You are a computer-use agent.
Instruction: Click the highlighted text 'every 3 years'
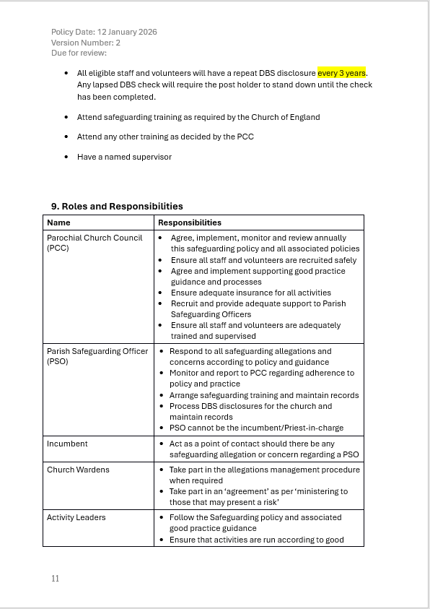(342, 74)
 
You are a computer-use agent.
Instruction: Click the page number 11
(56, 579)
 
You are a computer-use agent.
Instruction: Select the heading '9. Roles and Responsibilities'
(117, 207)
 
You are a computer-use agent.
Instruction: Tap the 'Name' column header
(59, 223)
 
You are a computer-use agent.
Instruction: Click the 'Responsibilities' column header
(190, 223)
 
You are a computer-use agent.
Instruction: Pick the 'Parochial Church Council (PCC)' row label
(95, 243)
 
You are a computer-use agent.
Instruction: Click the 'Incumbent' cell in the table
(67, 444)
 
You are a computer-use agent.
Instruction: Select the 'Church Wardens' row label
(78, 470)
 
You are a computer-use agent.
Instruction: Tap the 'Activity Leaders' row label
(76, 517)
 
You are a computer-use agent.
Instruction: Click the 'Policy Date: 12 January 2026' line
(104, 32)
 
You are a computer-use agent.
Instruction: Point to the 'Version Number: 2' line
(86, 43)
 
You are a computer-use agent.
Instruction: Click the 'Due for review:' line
(79, 53)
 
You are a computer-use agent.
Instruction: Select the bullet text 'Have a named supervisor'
(124, 157)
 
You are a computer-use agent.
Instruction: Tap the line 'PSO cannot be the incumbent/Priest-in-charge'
(256, 428)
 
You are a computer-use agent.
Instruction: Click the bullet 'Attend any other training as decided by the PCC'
(165, 137)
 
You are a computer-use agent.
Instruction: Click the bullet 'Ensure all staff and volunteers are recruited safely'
(263, 260)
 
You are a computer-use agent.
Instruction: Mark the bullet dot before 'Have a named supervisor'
(66, 157)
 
